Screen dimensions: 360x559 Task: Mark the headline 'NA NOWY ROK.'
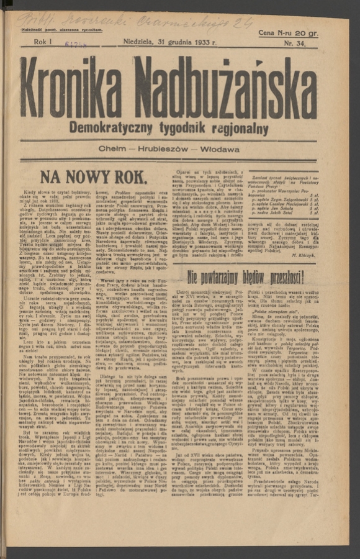(94, 177)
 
